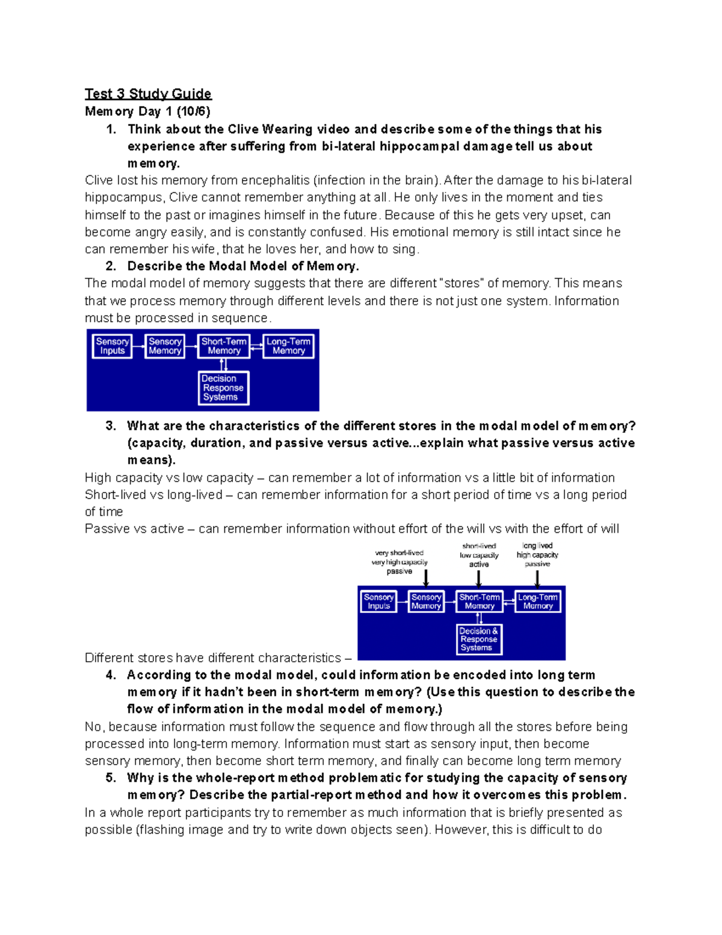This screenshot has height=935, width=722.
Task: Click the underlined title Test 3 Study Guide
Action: [148, 93]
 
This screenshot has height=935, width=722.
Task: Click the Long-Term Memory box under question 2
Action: [289, 346]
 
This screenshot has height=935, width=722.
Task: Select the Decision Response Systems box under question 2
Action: [223, 388]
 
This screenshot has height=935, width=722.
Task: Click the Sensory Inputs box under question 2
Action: [113, 346]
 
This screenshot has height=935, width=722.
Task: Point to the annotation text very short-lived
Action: [399, 553]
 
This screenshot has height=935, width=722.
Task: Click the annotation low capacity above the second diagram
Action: [479, 555]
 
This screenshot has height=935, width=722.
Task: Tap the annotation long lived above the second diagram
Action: [537, 545]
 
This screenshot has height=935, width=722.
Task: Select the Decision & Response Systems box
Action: [479, 639]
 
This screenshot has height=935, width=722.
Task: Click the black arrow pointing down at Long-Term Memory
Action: [537, 578]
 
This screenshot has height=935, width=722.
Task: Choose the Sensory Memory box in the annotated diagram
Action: [426, 601]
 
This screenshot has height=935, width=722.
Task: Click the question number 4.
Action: [110, 675]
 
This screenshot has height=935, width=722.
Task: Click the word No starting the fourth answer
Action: [93, 727]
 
